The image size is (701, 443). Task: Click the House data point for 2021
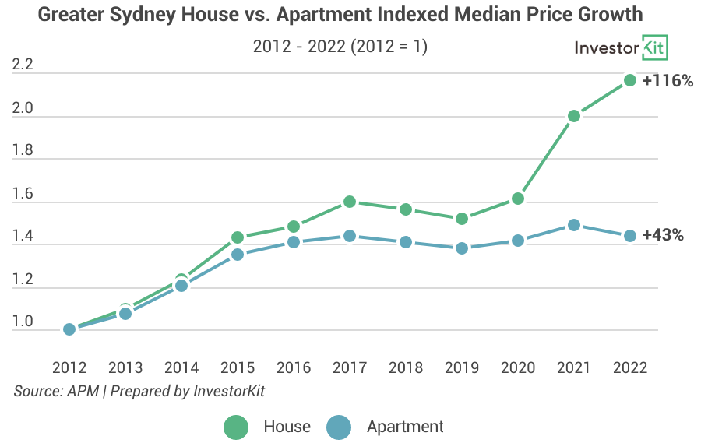pos(574,116)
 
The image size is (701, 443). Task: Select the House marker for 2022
pos(630,80)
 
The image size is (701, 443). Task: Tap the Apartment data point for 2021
pos(574,225)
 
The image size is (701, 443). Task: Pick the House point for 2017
pos(350,202)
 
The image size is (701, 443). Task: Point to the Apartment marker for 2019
pos(462,248)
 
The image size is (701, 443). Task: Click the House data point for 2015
pos(238,237)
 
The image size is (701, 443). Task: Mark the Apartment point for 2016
pos(294,242)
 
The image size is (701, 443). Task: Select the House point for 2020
pos(518,199)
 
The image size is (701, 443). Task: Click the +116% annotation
pos(668,80)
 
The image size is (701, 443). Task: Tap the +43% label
pos(663,235)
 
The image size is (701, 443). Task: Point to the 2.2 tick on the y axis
pos(23,65)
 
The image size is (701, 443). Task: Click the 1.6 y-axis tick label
pos(23,194)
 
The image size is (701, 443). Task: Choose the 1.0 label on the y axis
pos(23,322)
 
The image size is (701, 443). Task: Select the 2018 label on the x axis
pos(406,367)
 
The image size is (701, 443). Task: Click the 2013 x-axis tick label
pos(125,367)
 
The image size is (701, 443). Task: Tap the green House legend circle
pos(236,427)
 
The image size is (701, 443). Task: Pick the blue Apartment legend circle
pos(339,427)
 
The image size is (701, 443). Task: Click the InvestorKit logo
pos(621,47)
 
